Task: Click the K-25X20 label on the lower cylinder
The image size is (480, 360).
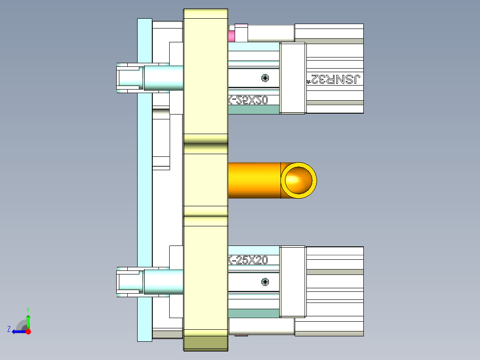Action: click(x=248, y=260)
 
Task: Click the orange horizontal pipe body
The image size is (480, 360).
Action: click(x=254, y=180)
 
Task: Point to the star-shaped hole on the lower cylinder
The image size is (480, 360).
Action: click(x=265, y=282)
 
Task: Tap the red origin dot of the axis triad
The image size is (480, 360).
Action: click(x=28, y=331)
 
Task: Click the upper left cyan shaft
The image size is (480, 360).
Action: click(x=163, y=78)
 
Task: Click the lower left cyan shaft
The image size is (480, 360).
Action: click(x=163, y=282)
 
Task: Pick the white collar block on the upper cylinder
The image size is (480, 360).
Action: click(x=293, y=78)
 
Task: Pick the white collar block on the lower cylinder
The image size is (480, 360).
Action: click(x=293, y=282)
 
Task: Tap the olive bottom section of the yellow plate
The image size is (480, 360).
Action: click(x=206, y=344)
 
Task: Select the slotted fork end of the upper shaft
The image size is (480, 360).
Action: click(x=128, y=78)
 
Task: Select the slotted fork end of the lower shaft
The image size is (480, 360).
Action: click(x=128, y=282)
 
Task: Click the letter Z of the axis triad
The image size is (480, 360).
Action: click(x=9, y=329)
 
